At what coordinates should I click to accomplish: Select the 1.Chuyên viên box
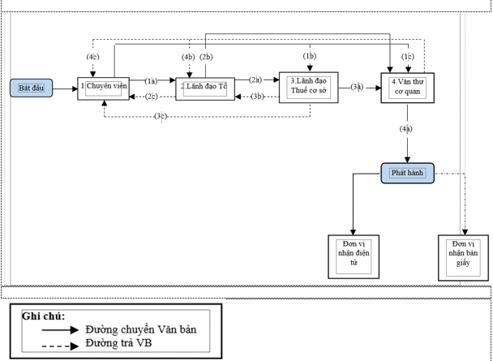pyautogui.click(x=104, y=87)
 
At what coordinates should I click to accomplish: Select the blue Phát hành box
pyautogui.click(x=407, y=172)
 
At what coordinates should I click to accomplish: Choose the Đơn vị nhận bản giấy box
pyautogui.click(x=462, y=257)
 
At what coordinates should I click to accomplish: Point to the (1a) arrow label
pyautogui.click(x=151, y=80)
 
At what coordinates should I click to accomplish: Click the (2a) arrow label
pyautogui.click(x=255, y=80)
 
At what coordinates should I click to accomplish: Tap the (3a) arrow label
pyautogui.click(x=358, y=87)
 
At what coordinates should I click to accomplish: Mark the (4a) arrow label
pyautogui.click(x=406, y=128)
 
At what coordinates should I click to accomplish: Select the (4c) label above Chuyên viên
pyautogui.click(x=94, y=57)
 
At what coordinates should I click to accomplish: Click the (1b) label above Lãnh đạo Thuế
pyautogui.click(x=310, y=56)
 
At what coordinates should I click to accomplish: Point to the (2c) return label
pyautogui.click(x=152, y=97)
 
